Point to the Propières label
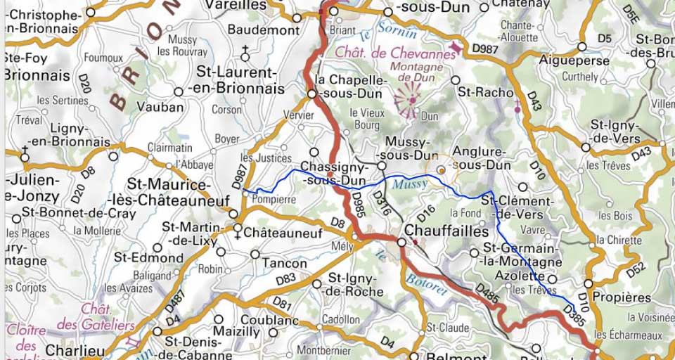[x=622, y=297]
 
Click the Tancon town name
[x=283, y=264]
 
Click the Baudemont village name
[x=263, y=30]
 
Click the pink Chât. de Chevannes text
[x=395, y=53]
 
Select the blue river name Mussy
[x=410, y=184]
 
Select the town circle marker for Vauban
[x=179, y=91]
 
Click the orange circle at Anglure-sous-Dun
[x=441, y=169]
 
